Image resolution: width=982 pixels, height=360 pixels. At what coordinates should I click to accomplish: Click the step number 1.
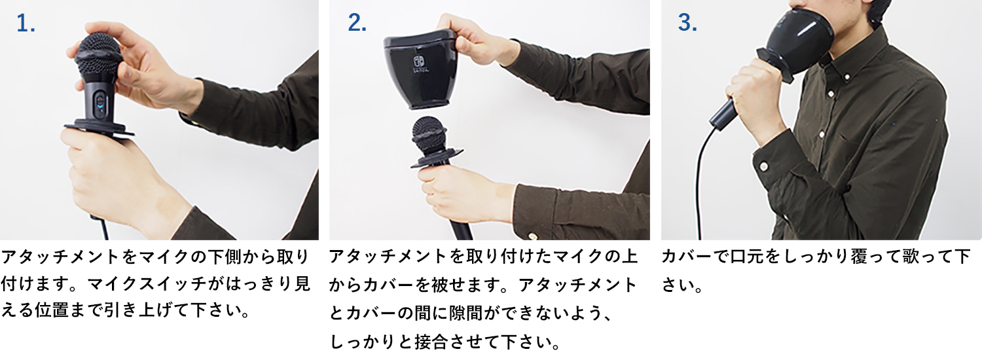pyautogui.click(x=26, y=24)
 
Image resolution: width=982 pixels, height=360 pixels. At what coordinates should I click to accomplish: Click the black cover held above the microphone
pyautogui.click(x=421, y=68)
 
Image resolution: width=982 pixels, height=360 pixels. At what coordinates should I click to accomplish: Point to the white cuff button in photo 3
pyautogui.click(x=764, y=167)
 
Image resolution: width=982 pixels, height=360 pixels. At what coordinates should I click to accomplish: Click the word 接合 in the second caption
pyautogui.click(x=431, y=342)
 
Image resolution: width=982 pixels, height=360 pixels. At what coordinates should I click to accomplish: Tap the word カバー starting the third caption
pyautogui.click(x=687, y=257)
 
